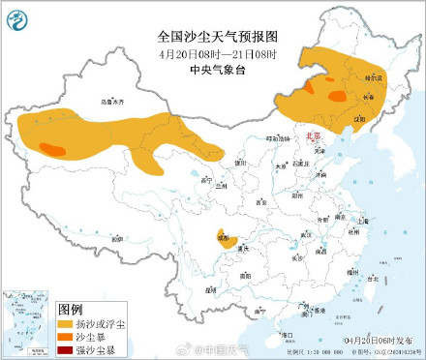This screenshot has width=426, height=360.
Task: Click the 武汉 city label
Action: click(x=307, y=234)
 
